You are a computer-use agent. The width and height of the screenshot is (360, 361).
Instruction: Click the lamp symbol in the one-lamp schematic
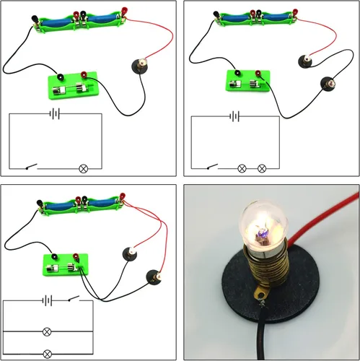[82, 168]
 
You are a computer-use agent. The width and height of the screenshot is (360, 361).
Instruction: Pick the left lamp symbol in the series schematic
[242, 168]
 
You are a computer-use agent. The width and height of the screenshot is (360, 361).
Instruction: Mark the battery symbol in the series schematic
[232, 114]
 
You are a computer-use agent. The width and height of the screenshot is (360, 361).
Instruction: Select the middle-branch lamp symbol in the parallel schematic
[48, 331]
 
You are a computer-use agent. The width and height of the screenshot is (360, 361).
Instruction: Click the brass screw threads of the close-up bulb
[266, 274]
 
